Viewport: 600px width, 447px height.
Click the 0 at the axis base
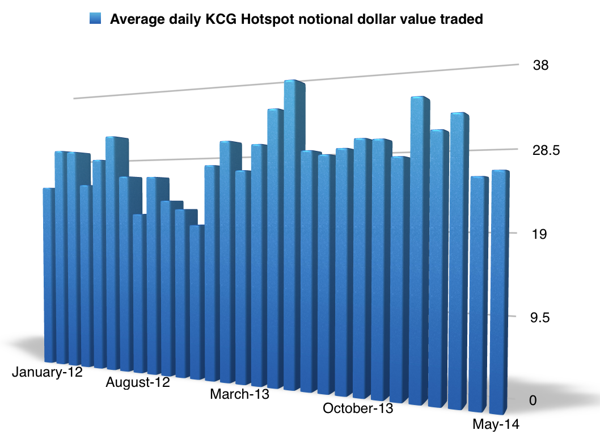click(x=533, y=400)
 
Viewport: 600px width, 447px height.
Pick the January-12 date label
click(x=47, y=373)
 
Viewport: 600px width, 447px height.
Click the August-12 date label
click(x=138, y=382)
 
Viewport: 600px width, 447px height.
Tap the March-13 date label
click(x=239, y=394)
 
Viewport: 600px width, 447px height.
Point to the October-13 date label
click(x=357, y=408)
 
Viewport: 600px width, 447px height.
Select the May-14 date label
click(x=496, y=424)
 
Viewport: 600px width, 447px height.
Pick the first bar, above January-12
click(x=49, y=272)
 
